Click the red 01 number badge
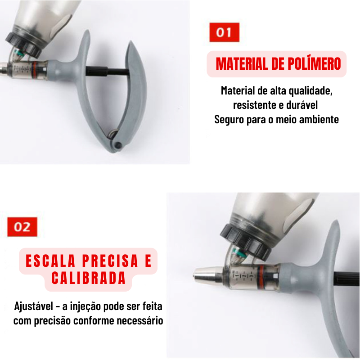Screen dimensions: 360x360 (224, 32)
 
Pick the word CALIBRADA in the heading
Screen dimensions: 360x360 (88, 278)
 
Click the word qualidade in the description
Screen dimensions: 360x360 (309, 90)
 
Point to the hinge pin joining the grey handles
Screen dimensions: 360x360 (118, 145)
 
